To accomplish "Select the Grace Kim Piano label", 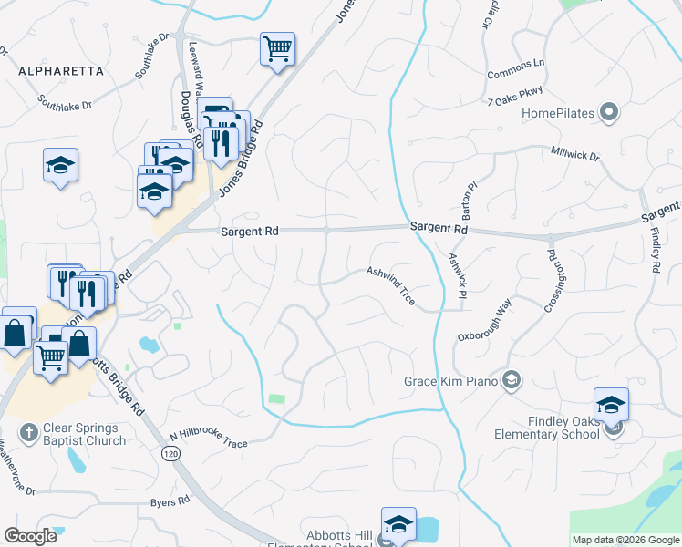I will (452, 380).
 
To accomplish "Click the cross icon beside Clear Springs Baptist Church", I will (29, 430).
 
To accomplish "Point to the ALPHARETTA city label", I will (59, 69).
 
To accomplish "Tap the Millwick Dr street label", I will (575, 154).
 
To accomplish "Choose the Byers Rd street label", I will (170, 501).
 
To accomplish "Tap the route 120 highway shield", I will (170, 454).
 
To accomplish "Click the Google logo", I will (30, 536).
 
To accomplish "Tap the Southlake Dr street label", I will (64, 102).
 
